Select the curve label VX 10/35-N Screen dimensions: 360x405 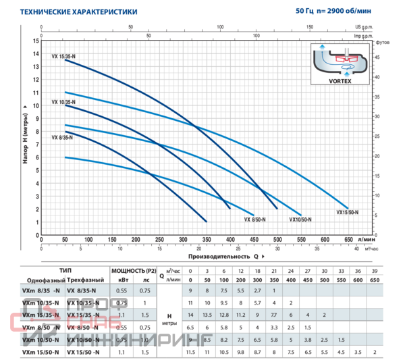click(63, 102)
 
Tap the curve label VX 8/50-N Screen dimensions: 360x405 click(255, 220)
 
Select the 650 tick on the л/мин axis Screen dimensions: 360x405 click(348, 239)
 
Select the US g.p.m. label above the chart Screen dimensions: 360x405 click(364, 28)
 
